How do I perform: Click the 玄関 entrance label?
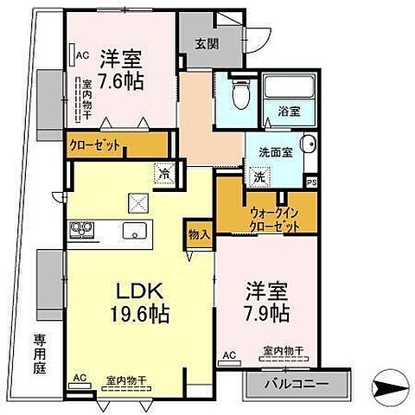pos(201,46)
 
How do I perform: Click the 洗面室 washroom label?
pos(277,151)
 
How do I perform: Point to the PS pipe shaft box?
pos(312,182)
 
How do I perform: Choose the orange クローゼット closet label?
pos(96,145)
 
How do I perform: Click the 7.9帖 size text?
pos(265,312)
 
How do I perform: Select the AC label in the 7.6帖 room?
pos(83,56)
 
